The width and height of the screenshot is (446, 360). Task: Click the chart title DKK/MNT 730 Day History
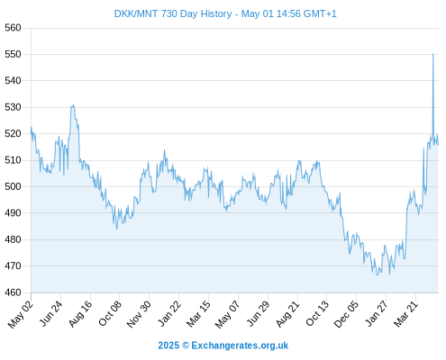click(173, 13)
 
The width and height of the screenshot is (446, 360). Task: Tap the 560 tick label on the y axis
click(13, 28)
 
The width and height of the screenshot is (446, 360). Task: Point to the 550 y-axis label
click(13, 54)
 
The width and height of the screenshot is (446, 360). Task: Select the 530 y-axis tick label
click(13, 107)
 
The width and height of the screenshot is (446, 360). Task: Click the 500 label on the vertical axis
click(13, 186)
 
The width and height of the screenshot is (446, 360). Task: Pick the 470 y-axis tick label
click(13, 265)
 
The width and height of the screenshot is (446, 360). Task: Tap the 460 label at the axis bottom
click(13, 292)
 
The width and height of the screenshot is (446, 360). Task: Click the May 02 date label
click(20, 314)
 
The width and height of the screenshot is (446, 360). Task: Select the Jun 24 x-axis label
click(50, 313)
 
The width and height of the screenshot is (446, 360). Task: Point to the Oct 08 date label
click(110, 313)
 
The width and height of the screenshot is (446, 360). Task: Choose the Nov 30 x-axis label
click(139, 314)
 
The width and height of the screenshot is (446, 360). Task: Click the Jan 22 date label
click(169, 313)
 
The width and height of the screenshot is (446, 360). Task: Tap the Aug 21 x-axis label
click(287, 313)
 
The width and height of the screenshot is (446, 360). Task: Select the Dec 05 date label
click(346, 314)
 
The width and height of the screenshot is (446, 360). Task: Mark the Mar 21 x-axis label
click(406, 314)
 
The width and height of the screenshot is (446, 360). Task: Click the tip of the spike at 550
click(432, 54)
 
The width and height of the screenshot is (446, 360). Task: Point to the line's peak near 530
click(73, 105)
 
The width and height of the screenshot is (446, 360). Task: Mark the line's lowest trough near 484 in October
click(117, 229)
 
